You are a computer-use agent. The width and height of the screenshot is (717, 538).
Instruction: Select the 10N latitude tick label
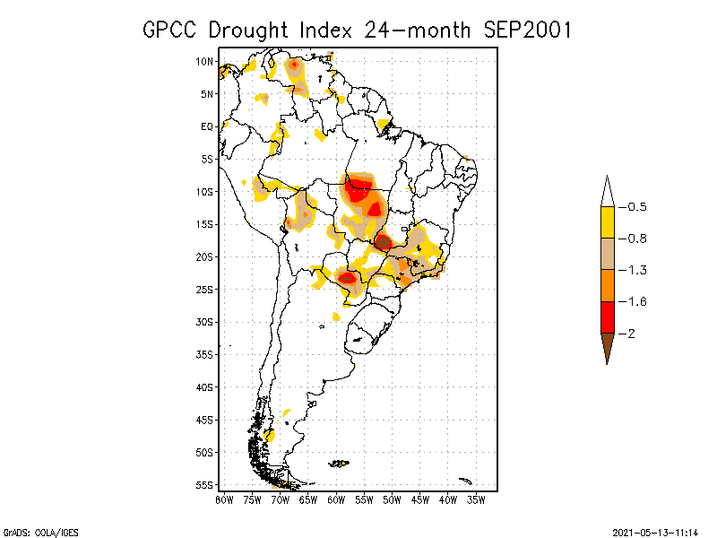click(x=205, y=61)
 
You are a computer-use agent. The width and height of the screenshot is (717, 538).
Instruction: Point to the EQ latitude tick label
click(x=207, y=126)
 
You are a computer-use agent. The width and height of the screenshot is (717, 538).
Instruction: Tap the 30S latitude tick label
click(x=205, y=321)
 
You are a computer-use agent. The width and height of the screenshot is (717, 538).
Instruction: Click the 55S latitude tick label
click(x=205, y=484)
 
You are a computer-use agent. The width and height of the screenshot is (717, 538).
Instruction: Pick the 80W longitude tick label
click(x=225, y=499)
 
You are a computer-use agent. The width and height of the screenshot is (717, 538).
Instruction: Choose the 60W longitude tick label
click(x=336, y=499)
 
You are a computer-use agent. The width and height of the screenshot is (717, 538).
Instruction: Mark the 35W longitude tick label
click(x=476, y=499)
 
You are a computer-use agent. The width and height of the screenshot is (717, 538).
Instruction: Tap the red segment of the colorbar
click(x=607, y=317)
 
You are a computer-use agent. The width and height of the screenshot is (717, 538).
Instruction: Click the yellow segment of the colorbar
click(x=607, y=222)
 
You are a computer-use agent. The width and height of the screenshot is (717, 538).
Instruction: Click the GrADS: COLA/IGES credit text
click(x=41, y=532)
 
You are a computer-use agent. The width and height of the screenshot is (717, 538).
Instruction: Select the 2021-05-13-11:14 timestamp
click(x=654, y=532)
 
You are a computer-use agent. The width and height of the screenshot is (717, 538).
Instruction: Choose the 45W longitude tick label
click(x=420, y=499)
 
